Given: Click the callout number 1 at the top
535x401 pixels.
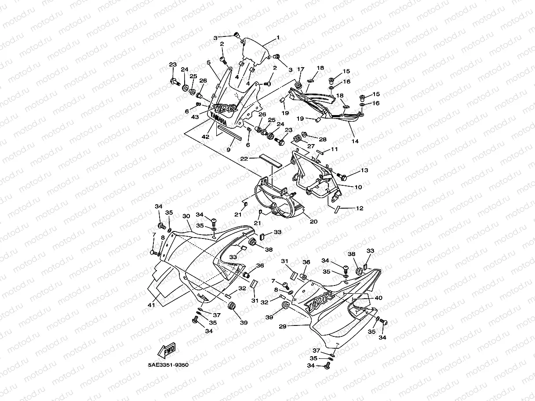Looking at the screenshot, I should (x=277, y=38).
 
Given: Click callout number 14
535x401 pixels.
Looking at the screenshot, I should (x=355, y=141).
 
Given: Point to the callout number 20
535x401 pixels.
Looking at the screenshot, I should (x=313, y=221).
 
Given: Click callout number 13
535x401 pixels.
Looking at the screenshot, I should (x=364, y=170).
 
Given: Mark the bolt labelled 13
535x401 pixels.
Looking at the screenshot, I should (x=342, y=176).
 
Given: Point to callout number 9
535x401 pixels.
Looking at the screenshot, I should (x=229, y=149).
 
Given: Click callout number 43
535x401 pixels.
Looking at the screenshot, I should (x=195, y=117).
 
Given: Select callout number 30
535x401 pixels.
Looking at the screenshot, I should (x=186, y=216).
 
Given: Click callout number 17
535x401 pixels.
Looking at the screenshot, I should (x=301, y=69).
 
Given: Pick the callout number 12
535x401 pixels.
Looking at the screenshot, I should (x=360, y=208).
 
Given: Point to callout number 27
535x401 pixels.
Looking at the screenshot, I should (x=310, y=146).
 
